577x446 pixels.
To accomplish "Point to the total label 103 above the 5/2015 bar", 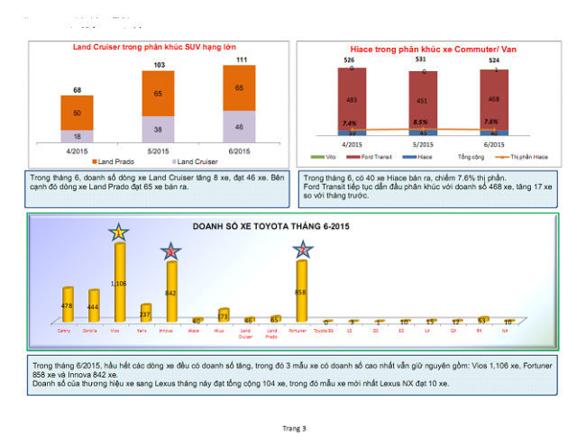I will (x=159, y=66).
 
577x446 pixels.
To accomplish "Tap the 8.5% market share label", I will (x=421, y=121).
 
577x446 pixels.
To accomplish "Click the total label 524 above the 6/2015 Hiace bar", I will (x=493, y=60).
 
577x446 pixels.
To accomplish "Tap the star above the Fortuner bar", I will (x=301, y=252).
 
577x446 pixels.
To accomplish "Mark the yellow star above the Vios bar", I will (x=118, y=234).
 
